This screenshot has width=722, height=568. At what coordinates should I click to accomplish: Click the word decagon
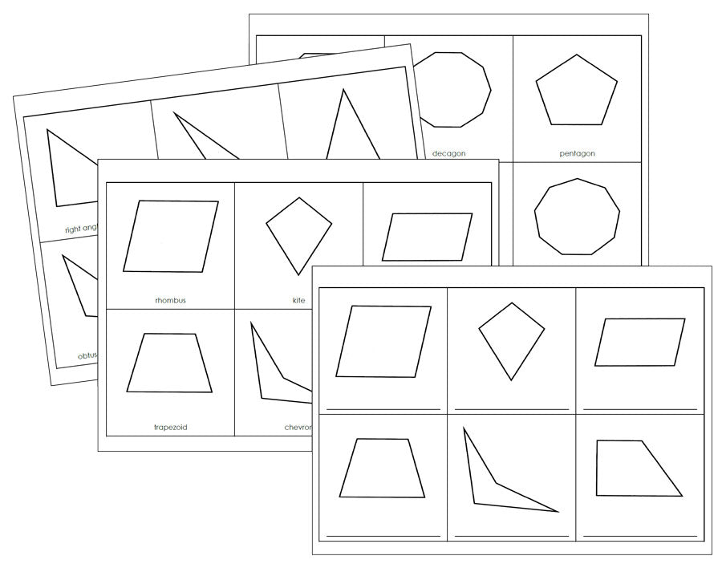448,153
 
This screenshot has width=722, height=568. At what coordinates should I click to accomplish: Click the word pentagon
577,153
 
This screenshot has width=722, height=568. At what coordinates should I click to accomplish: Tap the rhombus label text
170,301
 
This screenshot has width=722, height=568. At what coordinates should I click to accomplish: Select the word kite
298,301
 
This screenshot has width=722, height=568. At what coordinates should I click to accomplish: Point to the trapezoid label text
169,428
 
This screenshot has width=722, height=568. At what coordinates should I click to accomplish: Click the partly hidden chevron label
297,428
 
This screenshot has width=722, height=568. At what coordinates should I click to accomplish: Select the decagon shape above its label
452,90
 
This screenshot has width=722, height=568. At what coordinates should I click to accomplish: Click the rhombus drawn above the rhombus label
170,236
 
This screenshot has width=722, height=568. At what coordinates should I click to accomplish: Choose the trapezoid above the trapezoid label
169,363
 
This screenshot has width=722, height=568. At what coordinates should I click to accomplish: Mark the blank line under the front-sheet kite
511,409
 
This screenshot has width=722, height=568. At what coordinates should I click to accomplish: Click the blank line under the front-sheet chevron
511,535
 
